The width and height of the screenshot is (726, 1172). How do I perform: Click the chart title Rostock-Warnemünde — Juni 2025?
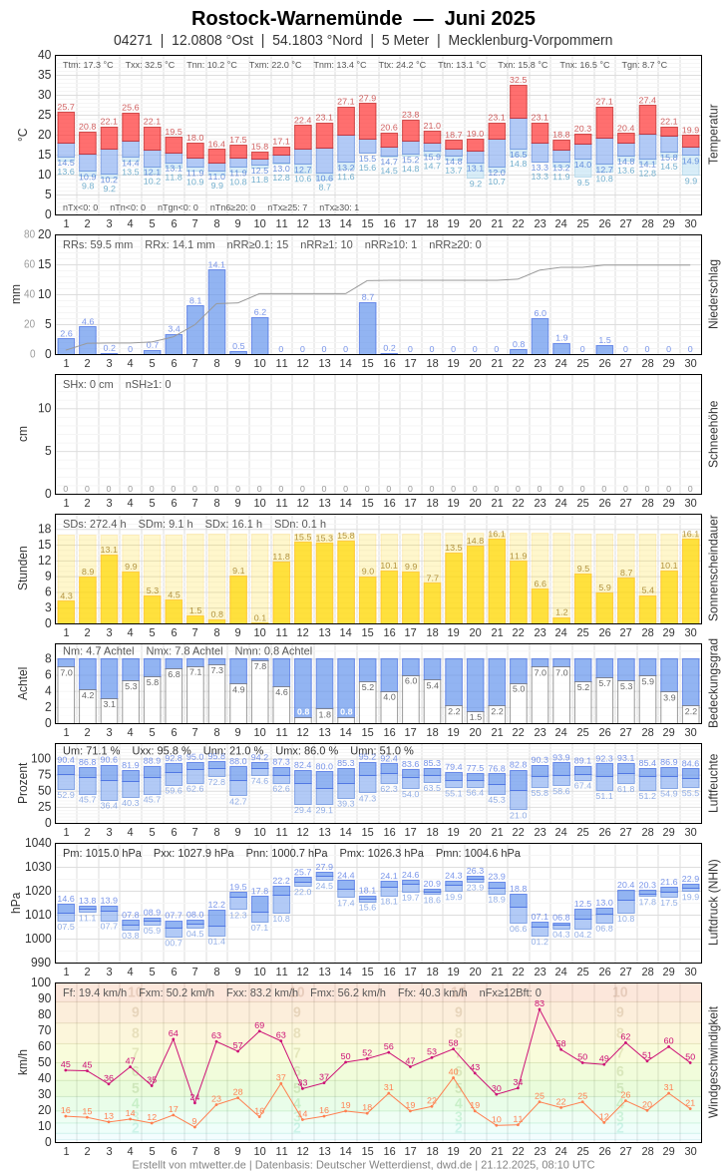click(x=363, y=18)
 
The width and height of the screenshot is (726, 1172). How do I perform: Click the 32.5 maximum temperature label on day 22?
click(x=519, y=80)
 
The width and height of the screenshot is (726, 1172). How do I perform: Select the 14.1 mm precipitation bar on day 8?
click(x=216, y=312)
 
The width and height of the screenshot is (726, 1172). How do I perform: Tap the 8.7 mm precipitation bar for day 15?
click(x=367, y=328)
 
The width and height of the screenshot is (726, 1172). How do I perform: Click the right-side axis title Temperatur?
click(x=713, y=135)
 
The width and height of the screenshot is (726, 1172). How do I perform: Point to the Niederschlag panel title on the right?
click(x=713, y=294)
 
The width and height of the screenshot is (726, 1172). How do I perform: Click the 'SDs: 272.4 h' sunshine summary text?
click(x=95, y=524)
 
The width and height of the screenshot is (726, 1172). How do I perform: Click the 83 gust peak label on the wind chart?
click(x=540, y=1003)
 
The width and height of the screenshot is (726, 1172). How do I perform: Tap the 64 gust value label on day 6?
click(x=174, y=1033)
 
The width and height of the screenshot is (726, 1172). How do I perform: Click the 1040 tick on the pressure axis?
click(x=38, y=843)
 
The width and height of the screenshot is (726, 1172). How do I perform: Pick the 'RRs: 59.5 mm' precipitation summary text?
click(x=97, y=244)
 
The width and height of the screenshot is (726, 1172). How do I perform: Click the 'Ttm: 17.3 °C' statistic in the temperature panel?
click(x=88, y=65)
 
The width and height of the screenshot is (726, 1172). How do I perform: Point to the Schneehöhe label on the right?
click(x=713, y=434)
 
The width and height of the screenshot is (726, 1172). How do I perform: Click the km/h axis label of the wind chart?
click(x=22, y=1061)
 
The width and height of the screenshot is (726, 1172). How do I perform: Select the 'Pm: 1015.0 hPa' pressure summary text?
click(x=102, y=853)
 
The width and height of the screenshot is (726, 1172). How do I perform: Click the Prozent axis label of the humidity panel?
click(x=22, y=783)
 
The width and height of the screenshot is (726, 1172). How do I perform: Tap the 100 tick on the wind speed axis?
click(x=41, y=982)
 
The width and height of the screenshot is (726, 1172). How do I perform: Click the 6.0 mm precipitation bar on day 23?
click(x=540, y=336)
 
